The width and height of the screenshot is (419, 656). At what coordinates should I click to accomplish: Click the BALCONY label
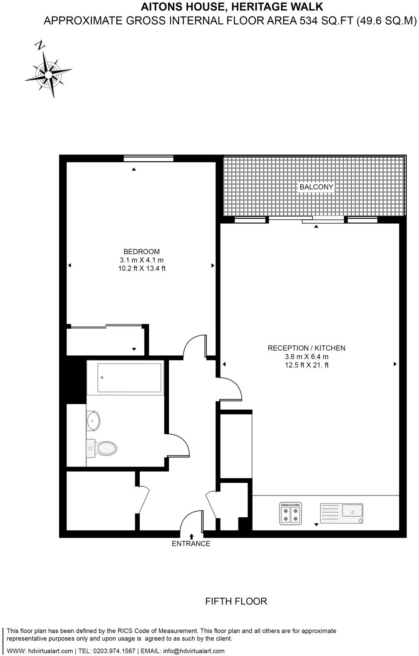tap(316, 187)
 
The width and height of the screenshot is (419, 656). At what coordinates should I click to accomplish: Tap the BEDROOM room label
tap(141, 251)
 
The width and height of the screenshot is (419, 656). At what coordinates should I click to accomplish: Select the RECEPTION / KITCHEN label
tap(306, 348)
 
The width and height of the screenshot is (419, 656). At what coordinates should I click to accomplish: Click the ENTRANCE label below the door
tap(191, 544)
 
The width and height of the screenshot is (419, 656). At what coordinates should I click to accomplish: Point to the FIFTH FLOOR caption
tap(236, 601)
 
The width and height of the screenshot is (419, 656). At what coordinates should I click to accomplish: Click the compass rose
tap(49, 74)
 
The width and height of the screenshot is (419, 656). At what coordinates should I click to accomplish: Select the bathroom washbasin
tap(93, 420)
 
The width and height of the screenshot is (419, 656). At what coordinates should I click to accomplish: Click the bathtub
tap(129, 378)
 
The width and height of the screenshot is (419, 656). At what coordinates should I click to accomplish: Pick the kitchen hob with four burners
tap(290, 513)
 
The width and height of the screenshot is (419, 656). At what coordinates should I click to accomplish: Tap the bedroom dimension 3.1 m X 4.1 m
tap(141, 260)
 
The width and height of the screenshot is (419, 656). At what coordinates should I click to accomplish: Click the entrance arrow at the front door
tap(191, 537)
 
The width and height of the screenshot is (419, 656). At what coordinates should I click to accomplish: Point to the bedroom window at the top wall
tap(149, 158)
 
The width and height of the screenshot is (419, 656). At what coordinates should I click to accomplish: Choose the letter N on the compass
tap(40, 45)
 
